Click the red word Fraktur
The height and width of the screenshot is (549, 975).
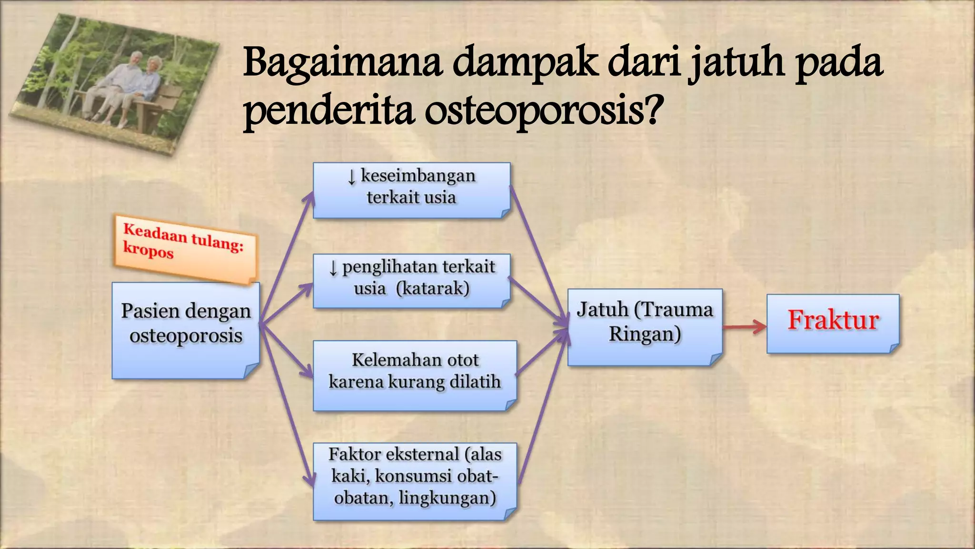(833, 320)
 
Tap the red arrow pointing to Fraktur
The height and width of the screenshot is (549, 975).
(744, 327)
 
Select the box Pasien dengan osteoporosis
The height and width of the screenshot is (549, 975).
(186, 330)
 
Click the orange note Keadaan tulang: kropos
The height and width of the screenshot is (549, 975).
(185, 249)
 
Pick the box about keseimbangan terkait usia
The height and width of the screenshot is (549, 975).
(411, 190)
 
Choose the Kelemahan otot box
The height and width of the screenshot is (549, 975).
(415, 375)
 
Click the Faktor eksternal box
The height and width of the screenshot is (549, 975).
(415, 481)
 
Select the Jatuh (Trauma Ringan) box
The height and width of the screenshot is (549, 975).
(645, 327)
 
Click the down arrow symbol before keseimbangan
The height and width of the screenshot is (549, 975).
(351, 177)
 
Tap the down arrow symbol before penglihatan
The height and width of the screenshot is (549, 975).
(333, 268)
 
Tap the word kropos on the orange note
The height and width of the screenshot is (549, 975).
(148, 250)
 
